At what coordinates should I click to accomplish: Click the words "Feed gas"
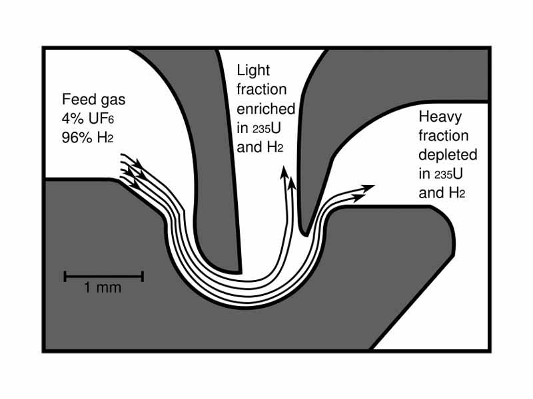93,100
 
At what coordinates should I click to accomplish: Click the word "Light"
254,70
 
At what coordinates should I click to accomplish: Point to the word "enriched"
265,109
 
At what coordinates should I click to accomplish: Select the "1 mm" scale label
103,289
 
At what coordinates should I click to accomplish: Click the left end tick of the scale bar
65,275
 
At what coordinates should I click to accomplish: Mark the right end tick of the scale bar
143,275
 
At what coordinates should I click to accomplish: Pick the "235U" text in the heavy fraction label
446,174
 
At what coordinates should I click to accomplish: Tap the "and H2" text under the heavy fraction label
441,193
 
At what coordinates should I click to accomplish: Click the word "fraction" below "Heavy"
444,136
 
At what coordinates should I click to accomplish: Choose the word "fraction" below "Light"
261,90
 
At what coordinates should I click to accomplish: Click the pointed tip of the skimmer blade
304,232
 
